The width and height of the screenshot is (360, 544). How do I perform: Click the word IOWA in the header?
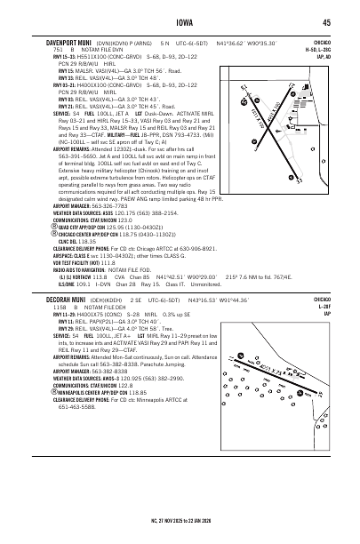[x=180, y=23]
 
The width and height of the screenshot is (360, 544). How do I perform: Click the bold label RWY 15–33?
[x=45, y=55]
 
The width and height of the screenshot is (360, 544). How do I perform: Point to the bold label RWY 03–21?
[x=45, y=84]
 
